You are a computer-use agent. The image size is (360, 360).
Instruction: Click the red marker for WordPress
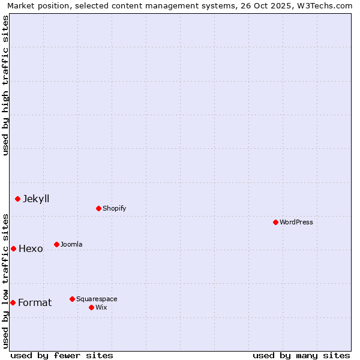275,222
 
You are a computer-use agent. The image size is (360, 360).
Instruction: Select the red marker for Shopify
98,208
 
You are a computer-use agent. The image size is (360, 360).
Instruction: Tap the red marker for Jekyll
17,199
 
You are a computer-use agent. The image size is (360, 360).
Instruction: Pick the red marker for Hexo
13,248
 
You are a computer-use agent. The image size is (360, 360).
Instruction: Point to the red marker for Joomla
56,244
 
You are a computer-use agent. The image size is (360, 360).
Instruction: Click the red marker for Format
13,302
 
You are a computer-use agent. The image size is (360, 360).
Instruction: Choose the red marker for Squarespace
72,299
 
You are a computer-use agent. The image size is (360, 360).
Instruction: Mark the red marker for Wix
91,307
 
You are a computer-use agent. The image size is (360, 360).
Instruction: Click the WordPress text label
296,222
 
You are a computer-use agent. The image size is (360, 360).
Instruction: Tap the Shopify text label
115,208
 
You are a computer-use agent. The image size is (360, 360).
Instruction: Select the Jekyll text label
36,199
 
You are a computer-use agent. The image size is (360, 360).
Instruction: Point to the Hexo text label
31,248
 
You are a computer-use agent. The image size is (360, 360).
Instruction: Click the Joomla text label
71,244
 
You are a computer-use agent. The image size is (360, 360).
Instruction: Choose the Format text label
35,302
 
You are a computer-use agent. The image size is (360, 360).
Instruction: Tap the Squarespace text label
97,299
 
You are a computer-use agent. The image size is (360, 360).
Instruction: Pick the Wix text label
101,307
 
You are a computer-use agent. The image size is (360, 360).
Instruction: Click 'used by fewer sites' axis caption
62,355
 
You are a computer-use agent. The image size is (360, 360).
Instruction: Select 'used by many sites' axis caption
301,355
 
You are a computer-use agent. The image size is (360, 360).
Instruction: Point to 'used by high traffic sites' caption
5,85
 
